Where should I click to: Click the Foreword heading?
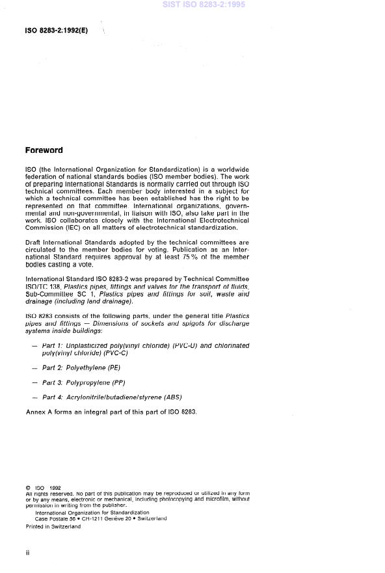44,150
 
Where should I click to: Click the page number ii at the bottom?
28,552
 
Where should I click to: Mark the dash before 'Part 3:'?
34,382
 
